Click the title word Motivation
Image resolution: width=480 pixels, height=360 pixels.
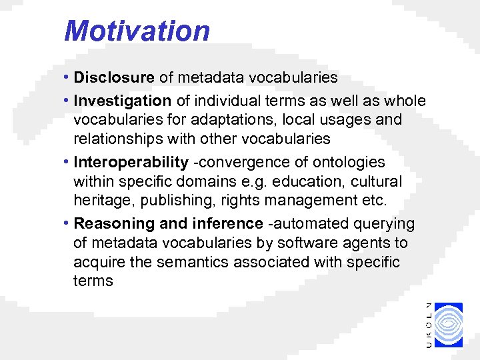pyautogui.click(x=137, y=31)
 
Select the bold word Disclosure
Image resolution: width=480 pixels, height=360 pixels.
pyautogui.click(x=114, y=77)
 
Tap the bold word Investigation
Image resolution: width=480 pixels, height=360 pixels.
pyautogui.click(x=123, y=101)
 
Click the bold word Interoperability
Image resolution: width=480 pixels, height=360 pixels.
pyautogui.click(x=131, y=162)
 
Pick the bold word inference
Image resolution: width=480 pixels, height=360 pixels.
pyautogui.click(x=228, y=223)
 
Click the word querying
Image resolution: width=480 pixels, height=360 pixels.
pyautogui.click(x=383, y=223)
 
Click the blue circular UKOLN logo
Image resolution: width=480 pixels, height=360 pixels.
pyautogui.click(x=452, y=325)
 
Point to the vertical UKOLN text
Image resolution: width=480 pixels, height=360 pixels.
pyautogui.click(x=428, y=325)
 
